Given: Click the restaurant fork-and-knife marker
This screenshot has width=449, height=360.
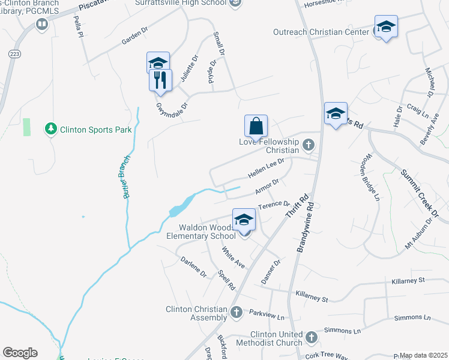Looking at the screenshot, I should click(x=160, y=79).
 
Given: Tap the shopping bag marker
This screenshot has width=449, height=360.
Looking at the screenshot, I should click(x=256, y=126).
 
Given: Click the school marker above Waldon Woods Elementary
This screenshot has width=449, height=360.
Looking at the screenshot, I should click(x=244, y=220).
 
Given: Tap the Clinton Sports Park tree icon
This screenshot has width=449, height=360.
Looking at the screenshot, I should click(x=52, y=129).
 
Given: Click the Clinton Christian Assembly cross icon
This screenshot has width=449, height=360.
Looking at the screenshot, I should click(x=237, y=312).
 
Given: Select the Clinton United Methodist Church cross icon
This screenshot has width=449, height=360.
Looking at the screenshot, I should click(x=311, y=338).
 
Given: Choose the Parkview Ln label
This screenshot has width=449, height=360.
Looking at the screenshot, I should click(x=267, y=314).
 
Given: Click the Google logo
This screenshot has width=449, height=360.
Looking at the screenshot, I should click(x=20, y=353).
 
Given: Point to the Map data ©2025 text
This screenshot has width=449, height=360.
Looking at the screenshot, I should click(x=423, y=355).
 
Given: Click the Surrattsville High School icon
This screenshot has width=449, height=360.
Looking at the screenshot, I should click(x=236, y=4).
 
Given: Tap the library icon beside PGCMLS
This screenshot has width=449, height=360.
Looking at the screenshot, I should click(x=42, y=24).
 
